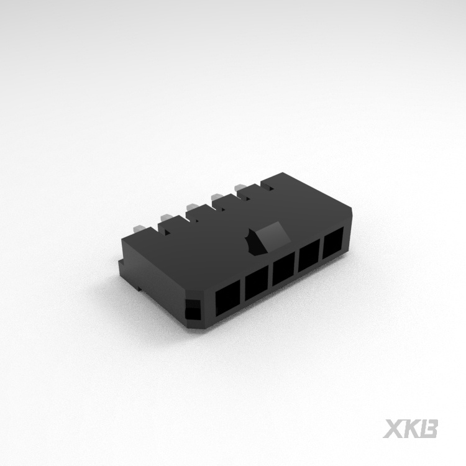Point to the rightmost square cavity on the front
coord(334,244)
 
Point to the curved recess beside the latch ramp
coord(253,244)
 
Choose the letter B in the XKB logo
coord(430,429)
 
